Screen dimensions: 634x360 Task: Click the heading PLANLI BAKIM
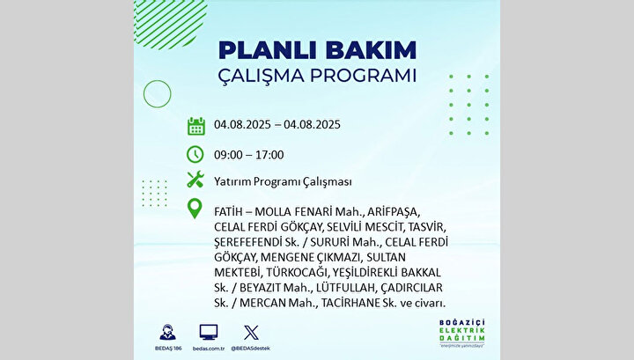coord(317,50)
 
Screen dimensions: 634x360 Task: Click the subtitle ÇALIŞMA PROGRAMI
coord(317,76)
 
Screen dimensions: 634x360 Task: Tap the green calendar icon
coord(196,126)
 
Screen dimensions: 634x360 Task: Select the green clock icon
coord(195,154)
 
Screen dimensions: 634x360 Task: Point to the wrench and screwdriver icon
coord(195,180)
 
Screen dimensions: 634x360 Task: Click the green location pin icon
coord(195,209)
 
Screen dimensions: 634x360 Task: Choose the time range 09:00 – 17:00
coord(248,155)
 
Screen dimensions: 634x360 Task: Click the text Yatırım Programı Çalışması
coord(283,182)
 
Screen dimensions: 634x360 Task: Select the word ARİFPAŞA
coord(394,212)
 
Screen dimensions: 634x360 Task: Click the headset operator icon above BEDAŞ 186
coord(168,332)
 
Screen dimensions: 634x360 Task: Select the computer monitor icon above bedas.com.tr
coord(209,332)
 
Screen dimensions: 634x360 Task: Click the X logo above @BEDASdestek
coord(251,333)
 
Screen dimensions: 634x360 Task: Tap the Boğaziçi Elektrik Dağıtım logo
coord(462,334)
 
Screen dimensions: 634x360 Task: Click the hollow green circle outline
coord(158,80)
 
